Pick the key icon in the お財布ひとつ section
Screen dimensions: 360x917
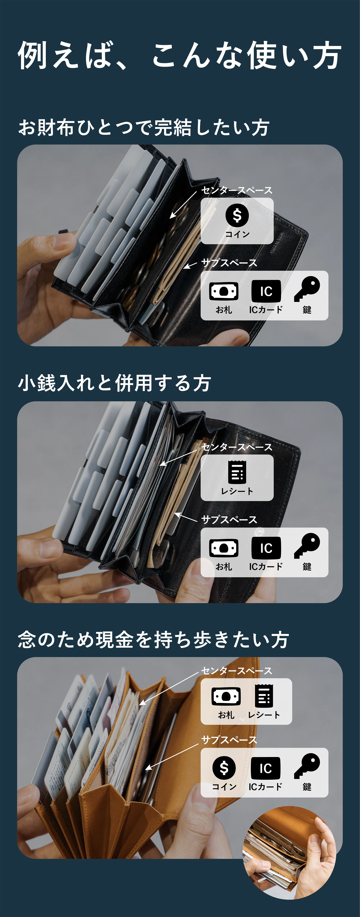(x=307, y=289)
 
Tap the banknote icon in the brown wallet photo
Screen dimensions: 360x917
(x=226, y=696)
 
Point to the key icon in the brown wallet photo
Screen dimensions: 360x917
(x=307, y=766)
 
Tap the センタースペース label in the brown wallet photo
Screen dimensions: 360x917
(x=237, y=671)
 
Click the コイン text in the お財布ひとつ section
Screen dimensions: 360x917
(x=237, y=234)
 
